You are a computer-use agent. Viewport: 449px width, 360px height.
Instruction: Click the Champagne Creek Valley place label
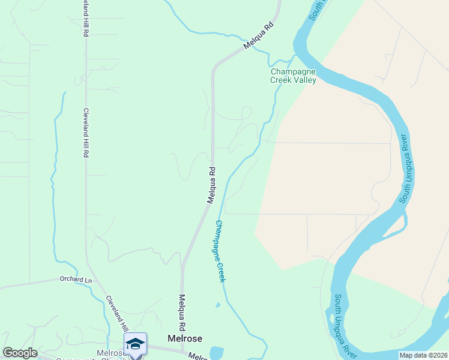293,75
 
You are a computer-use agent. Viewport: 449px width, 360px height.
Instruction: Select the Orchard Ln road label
76,279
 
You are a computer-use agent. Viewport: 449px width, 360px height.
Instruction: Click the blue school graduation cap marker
135,344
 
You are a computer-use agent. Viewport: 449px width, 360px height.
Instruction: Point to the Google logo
20,353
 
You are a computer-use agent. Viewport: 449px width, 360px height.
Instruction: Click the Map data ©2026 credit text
423,355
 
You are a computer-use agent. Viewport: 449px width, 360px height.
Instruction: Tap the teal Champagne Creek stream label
220,251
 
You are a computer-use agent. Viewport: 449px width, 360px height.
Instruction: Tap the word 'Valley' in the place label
305,79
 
